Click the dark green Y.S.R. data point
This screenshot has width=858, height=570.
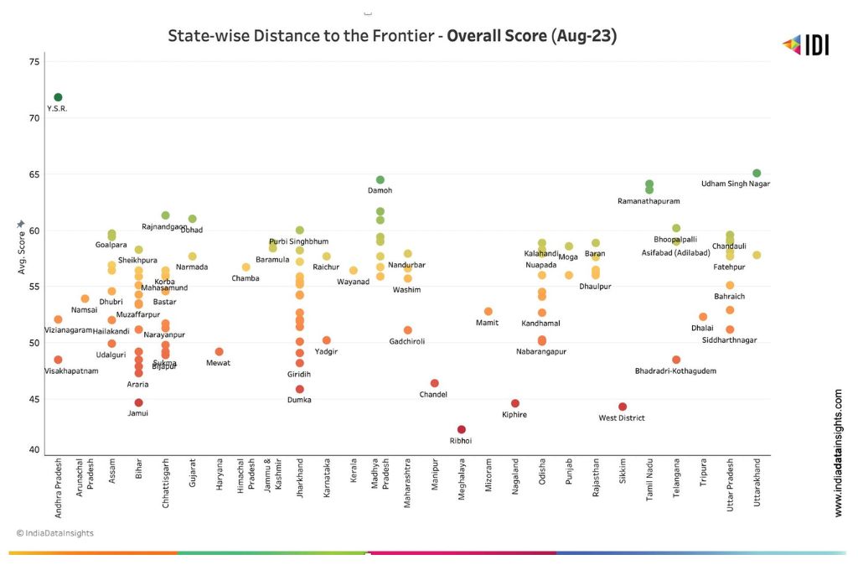pyautogui.click(x=58, y=97)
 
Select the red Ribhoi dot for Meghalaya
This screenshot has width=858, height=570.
pyautogui.click(x=462, y=430)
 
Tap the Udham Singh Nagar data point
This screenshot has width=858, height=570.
pyautogui.click(x=757, y=174)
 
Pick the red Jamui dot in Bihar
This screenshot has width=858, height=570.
pyautogui.click(x=138, y=402)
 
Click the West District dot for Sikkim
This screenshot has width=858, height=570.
pyautogui.click(x=623, y=407)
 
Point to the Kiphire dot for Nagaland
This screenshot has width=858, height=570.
pyautogui.click(x=515, y=403)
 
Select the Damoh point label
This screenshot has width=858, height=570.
pyautogui.click(x=380, y=191)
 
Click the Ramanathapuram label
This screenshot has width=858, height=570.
pyautogui.click(x=649, y=201)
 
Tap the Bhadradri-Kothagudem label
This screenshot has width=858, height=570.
pyautogui.click(x=675, y=370)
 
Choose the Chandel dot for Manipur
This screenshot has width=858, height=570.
pyautogui.click(x=434, y=383)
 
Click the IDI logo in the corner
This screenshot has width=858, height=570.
pyautogui.click(x=805, y=45)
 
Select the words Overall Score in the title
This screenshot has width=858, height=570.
pyautogui.click(x=497, y=36)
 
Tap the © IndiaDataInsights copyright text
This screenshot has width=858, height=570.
pyautogui.click(x=55, y=533)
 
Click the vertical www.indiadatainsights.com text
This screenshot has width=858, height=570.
pyautogui.click(x=839, y=452)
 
